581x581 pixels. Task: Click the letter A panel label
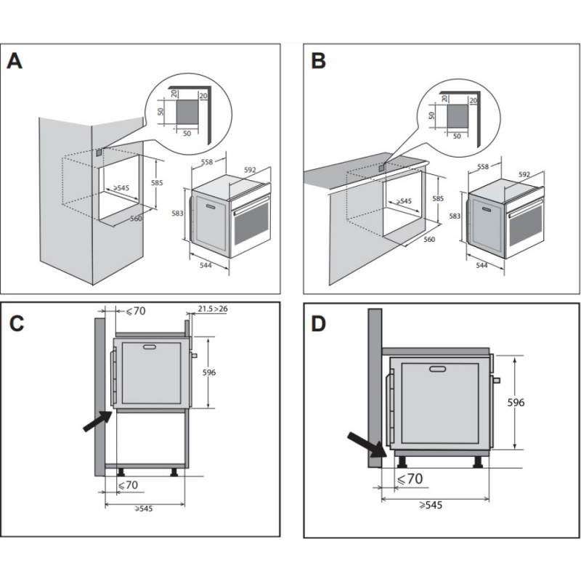click(x=15, y=61)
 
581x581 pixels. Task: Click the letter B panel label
click(x=318, y=61)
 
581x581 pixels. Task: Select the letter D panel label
click(x=318, y=324)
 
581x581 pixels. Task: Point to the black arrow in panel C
click(x=97, y=421)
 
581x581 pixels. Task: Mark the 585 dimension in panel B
click(x=437, y=198)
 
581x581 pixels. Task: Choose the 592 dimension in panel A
click(x=250, y=170)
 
